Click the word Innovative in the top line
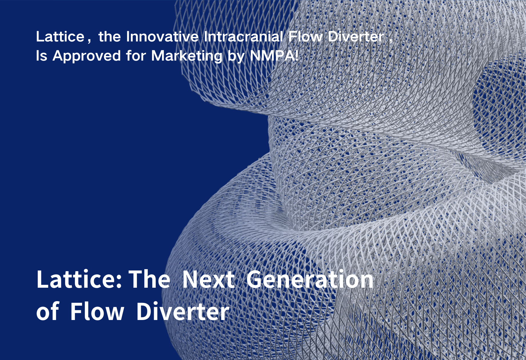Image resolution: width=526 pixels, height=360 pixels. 162,37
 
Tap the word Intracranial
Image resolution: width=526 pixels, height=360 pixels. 243,37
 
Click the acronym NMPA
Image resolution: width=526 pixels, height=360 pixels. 271,55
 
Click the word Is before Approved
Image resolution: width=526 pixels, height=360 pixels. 42,55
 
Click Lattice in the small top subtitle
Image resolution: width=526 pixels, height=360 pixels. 60,37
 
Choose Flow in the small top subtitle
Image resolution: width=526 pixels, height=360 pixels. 305,37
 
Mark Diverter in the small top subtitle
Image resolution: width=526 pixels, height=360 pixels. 356,37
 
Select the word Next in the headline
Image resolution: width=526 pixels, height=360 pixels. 209,279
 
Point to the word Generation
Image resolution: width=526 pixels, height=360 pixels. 310,279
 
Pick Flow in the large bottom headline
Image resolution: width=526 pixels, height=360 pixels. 97,311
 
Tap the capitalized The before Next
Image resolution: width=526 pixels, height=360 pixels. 149,279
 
